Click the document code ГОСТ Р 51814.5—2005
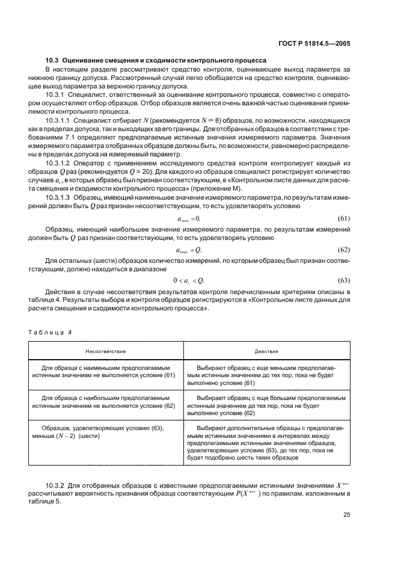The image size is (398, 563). click(323, 43)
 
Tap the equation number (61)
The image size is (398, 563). click(344, 218)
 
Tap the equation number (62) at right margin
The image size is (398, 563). click(344, 249)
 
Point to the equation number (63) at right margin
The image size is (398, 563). click(344, 280)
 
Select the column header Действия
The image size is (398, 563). click(265, 350)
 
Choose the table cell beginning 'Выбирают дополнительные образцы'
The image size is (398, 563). click(265, 443)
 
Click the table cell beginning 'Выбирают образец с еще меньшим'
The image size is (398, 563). click(265, 374)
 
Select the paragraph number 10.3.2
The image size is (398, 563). click(55, 485)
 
